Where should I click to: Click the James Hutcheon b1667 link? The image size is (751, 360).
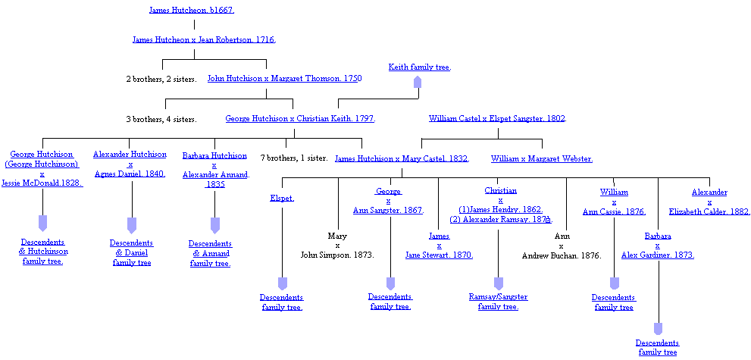(192, 10)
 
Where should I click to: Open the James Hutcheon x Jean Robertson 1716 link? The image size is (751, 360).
(204, 39)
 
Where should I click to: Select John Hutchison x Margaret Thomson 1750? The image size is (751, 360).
(284, 78)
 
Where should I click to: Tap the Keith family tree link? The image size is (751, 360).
(419, 67)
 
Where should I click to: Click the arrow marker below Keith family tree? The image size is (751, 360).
(417, 82)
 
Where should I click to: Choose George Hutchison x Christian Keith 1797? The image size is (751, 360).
(300, 118)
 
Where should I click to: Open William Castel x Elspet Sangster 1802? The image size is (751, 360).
(497, 118)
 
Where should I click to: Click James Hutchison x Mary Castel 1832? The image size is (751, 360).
(402, 158)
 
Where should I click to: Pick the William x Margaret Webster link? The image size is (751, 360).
(541, 158)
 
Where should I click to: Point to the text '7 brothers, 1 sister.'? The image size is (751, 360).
(294, 158)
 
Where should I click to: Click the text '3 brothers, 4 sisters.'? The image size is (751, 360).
(161, 119)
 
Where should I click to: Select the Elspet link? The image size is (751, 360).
(281, 198)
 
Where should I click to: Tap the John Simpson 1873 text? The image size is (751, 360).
(337, 255)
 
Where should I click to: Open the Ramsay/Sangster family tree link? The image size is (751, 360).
(498, 302)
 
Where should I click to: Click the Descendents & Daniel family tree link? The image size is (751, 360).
(132, 252)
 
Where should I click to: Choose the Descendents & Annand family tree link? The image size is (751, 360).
(210, 253)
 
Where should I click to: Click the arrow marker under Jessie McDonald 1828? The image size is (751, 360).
(42, 223)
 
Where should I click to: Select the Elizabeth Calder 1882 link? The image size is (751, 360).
(709, 212)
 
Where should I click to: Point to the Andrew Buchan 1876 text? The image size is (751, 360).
(562, 255)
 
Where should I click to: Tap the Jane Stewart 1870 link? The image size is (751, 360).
(439, 255)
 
